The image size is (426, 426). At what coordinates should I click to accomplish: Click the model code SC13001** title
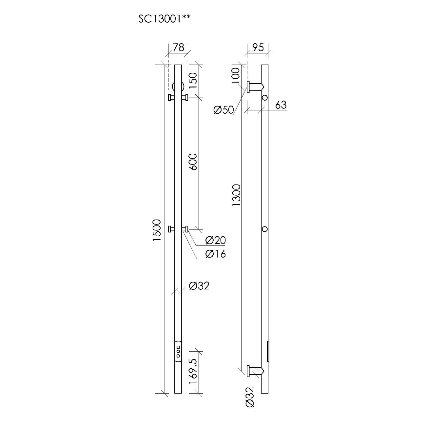click(164, 19)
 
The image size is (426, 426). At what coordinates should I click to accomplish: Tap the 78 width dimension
click(178, 47)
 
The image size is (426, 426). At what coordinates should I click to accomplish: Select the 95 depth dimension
click(258, 47)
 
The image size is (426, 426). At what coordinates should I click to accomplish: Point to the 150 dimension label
click(193, 81)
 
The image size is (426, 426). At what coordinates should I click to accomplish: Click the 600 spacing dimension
click(193, 162)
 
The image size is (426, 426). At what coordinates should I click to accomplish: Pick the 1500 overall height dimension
click(157, 230)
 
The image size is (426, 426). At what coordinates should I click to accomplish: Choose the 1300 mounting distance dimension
click(236, 195)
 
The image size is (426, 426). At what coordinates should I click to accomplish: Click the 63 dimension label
click(281, 105)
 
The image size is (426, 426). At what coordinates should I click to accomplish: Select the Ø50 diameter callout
click(223, 110)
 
